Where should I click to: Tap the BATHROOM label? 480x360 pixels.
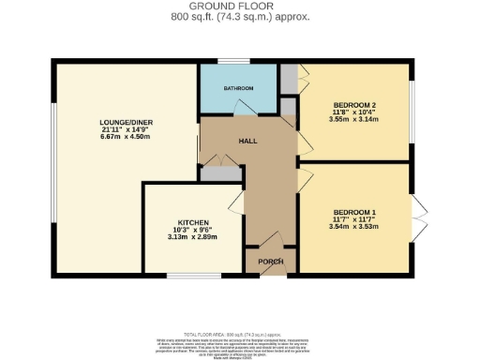[237, 88]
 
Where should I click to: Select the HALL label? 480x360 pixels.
[248, 141]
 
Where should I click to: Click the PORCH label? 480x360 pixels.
[258, 262]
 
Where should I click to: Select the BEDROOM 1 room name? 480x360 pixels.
[352, 211]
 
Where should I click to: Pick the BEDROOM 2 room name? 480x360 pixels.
[354, 104]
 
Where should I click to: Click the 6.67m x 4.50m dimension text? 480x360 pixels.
[125, 138]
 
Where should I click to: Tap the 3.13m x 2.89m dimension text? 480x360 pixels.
[193, 238]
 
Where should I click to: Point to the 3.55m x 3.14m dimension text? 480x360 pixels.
[353, 120]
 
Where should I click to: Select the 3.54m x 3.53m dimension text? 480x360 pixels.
[352, 226]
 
